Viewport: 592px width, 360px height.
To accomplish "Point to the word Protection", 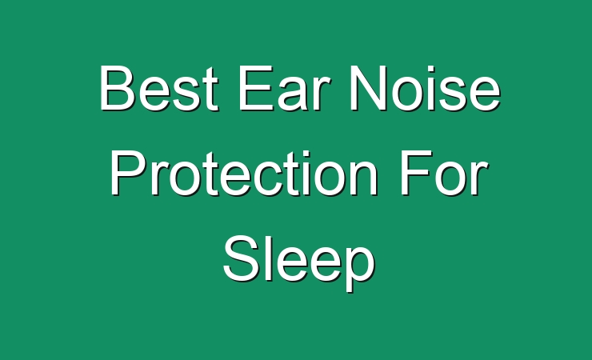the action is tap(244, 173).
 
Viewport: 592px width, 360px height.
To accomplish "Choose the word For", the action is tap(444, 173).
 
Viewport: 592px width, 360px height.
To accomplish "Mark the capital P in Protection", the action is tap(128, 173).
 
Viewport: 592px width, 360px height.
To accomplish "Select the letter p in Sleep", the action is tap(358, 267).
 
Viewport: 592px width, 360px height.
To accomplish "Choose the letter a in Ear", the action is tap(296, 94).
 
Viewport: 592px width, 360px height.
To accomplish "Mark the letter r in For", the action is tap(479, 178).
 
